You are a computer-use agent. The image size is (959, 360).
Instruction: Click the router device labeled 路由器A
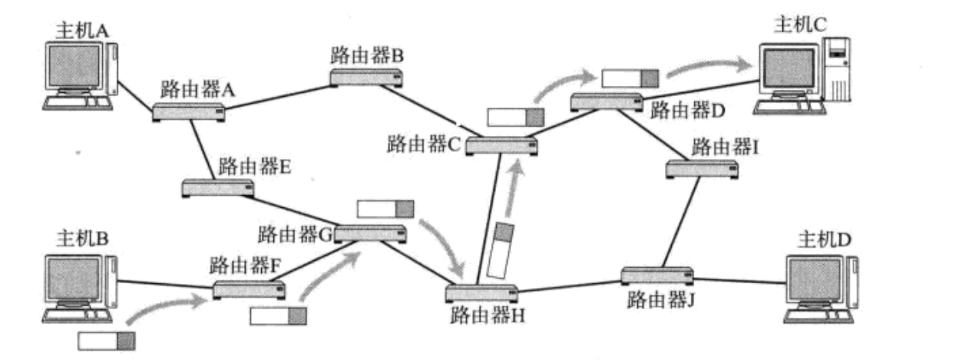[x=188, y=112]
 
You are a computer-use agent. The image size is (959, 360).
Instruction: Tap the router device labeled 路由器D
[x=607, y=101]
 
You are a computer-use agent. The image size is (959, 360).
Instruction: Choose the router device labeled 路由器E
[x=218, y=187]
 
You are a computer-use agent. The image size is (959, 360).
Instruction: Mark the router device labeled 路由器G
[x=370, y=233]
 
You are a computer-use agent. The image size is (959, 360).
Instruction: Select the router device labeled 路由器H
[x=481, y=293]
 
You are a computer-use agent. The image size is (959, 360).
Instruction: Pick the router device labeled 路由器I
[x=701, y=168]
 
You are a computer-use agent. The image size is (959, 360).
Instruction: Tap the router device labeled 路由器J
[x=656, y=275]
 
